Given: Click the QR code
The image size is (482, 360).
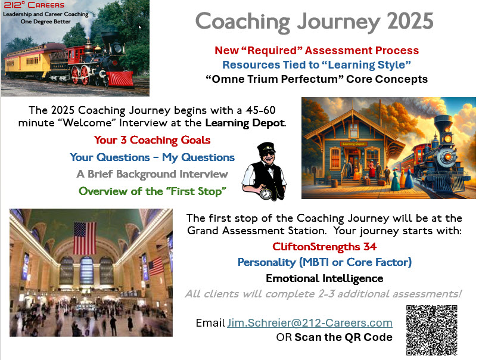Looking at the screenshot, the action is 431,330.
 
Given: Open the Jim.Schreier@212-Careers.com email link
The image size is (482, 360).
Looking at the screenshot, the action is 310,323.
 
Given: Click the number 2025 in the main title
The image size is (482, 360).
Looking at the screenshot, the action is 410,21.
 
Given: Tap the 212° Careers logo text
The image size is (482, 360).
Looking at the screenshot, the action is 34,5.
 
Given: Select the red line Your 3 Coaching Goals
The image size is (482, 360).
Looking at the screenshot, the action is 152,140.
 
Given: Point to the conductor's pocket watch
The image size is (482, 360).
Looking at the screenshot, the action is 266,194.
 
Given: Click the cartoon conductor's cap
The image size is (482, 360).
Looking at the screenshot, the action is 266,148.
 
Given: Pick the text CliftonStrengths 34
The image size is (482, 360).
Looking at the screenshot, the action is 324,247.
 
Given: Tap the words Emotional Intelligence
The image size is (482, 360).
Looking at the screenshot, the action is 324,278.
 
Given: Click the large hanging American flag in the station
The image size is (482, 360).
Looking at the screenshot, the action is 85,238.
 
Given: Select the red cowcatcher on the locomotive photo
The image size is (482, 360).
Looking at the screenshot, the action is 120,79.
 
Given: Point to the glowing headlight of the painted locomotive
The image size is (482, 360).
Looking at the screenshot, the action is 448,139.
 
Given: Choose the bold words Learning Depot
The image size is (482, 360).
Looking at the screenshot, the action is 245,123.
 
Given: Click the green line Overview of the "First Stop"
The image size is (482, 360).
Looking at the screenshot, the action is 153,191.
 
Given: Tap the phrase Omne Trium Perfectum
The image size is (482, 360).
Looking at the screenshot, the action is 275,79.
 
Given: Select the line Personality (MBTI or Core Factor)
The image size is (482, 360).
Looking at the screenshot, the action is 325,262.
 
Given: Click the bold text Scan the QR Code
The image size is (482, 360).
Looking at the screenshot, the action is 343,337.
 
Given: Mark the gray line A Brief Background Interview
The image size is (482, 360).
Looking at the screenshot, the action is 152,174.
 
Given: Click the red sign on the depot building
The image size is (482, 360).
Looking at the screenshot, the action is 353,144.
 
